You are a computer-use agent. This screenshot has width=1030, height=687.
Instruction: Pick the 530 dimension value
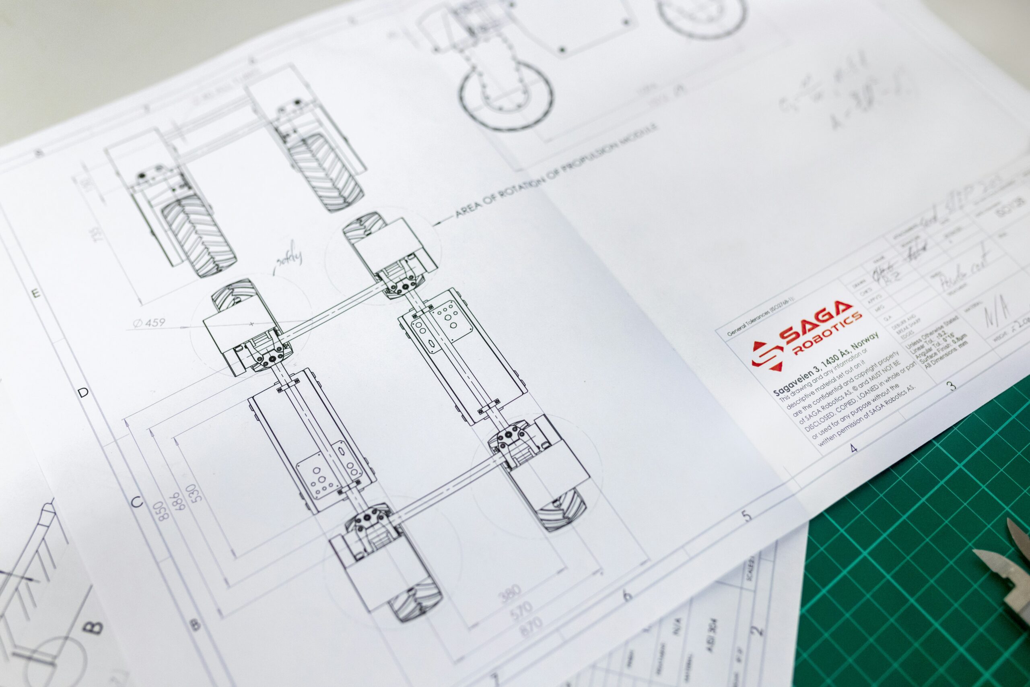[x=192, y=495]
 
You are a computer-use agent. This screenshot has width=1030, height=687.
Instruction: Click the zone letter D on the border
[x=83, y=392]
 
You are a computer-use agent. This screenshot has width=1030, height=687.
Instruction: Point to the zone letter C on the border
[x=137, y=503]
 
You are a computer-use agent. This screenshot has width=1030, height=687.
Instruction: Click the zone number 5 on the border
[x=747, y=516]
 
